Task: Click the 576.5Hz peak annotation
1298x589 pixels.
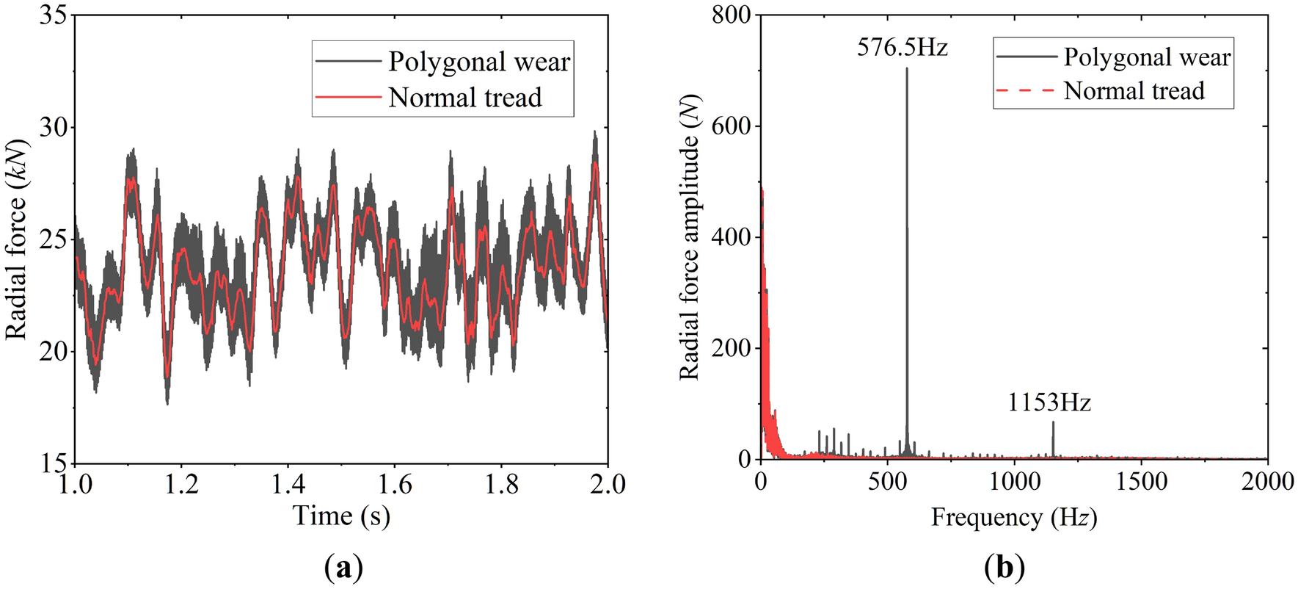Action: click(903, 48)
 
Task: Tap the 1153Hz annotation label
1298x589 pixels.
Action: click(1049, 403)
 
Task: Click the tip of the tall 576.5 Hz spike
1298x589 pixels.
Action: click(907, 69)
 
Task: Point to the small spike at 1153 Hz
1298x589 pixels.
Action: click(1053, 423)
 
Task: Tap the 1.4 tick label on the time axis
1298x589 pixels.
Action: click(288, 485)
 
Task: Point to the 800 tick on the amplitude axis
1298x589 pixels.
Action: click(731, 15)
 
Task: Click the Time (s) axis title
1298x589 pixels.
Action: click(341, 516)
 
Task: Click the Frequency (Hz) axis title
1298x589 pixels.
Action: click(1014, 518)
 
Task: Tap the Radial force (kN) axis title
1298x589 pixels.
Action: click(16, 239)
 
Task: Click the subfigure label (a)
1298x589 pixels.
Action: click(343, 568)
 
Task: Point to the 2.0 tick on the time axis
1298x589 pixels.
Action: click(608, 485)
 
